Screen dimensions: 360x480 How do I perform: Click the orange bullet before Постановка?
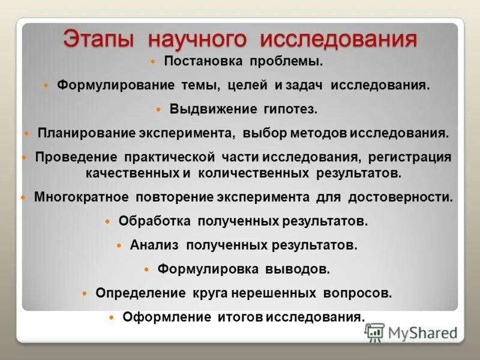click(152, 61)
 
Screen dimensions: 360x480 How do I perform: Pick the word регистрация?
click(409, 157)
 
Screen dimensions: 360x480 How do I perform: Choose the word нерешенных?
click(275, 293)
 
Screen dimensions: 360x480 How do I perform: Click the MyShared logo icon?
click(375, 332)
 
